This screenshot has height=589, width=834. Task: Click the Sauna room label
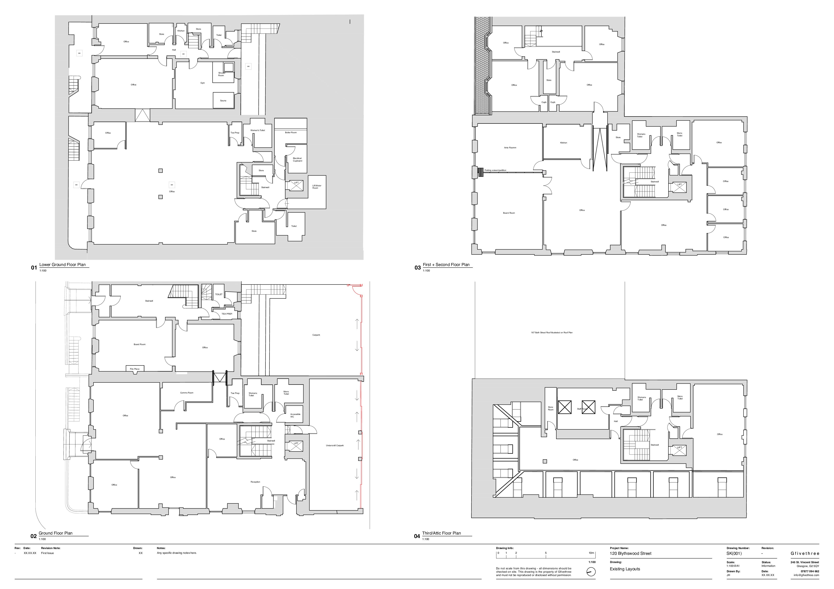(x=223, y=101)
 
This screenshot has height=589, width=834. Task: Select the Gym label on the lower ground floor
(x=203, y=83)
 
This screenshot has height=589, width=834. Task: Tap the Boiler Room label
(x=291, y=133)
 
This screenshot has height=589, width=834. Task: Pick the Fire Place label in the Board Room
(x=135, y=369)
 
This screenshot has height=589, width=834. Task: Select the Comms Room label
(x=187, y=392)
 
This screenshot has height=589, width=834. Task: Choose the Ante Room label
(x=510, y=148)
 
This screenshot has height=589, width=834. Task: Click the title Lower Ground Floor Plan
(x=62, y=265)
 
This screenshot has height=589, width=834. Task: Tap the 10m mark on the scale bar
(x=591, y=553)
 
